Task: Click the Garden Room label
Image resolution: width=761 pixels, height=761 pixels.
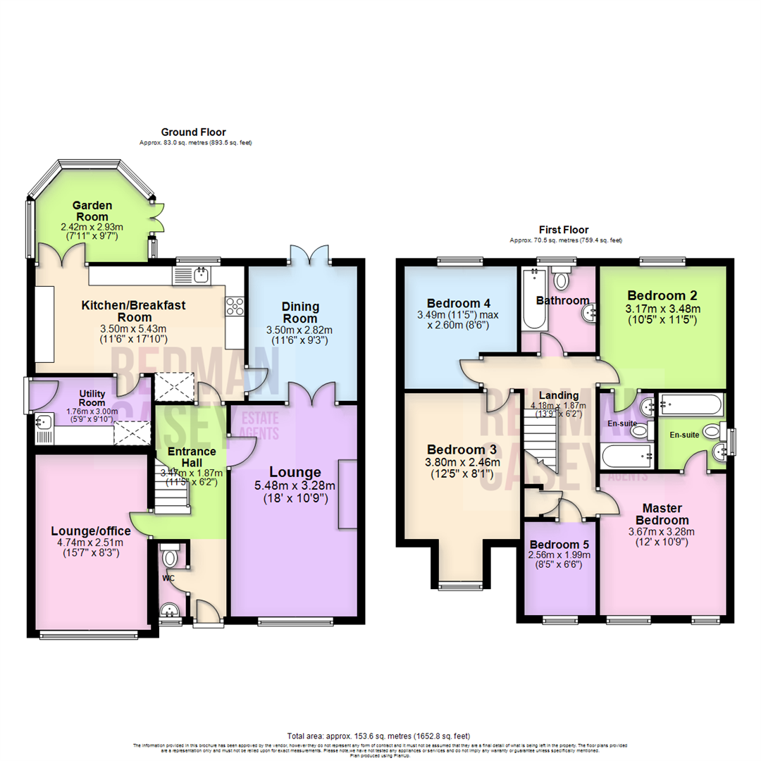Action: point(92,211)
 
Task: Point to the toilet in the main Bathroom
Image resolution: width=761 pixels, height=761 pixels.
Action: point(562,281)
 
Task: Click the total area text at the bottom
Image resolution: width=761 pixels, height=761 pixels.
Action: point(379,735)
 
